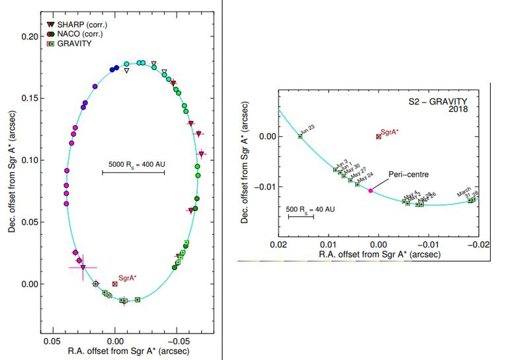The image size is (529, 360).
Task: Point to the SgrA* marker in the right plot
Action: [378, 136]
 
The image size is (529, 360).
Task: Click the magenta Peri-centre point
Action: [370, 191]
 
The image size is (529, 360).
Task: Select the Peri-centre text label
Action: [408, 174]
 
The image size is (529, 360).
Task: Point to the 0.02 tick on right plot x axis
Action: [278, 244]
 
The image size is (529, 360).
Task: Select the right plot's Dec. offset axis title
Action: [245, 165]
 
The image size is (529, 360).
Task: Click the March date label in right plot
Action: [466, 193]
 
